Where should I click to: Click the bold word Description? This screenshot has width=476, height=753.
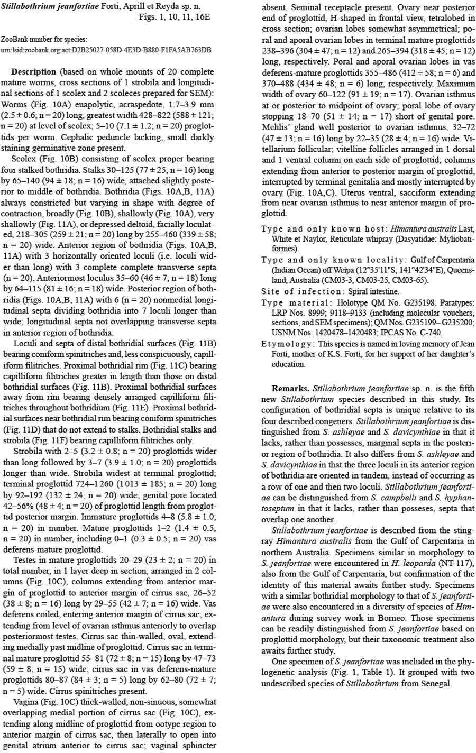[x=33, y=71]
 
